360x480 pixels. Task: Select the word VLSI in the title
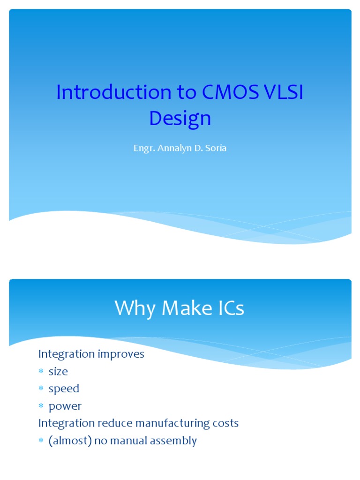point(283,92)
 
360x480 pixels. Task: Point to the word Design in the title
point(180,119)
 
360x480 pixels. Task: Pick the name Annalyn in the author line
point(173,149)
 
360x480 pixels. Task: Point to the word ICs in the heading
point(228,308)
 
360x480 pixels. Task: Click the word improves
point(121,354)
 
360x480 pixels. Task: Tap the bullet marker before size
point(41,372)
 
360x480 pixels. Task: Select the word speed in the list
point(64,389)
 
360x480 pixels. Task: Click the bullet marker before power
point(41,406)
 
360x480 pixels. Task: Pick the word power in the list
point(65,406)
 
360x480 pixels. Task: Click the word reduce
point(115,423)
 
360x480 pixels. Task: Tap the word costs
point(226,423)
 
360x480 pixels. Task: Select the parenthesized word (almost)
point(68,441)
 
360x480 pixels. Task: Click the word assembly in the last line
point(175,441)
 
